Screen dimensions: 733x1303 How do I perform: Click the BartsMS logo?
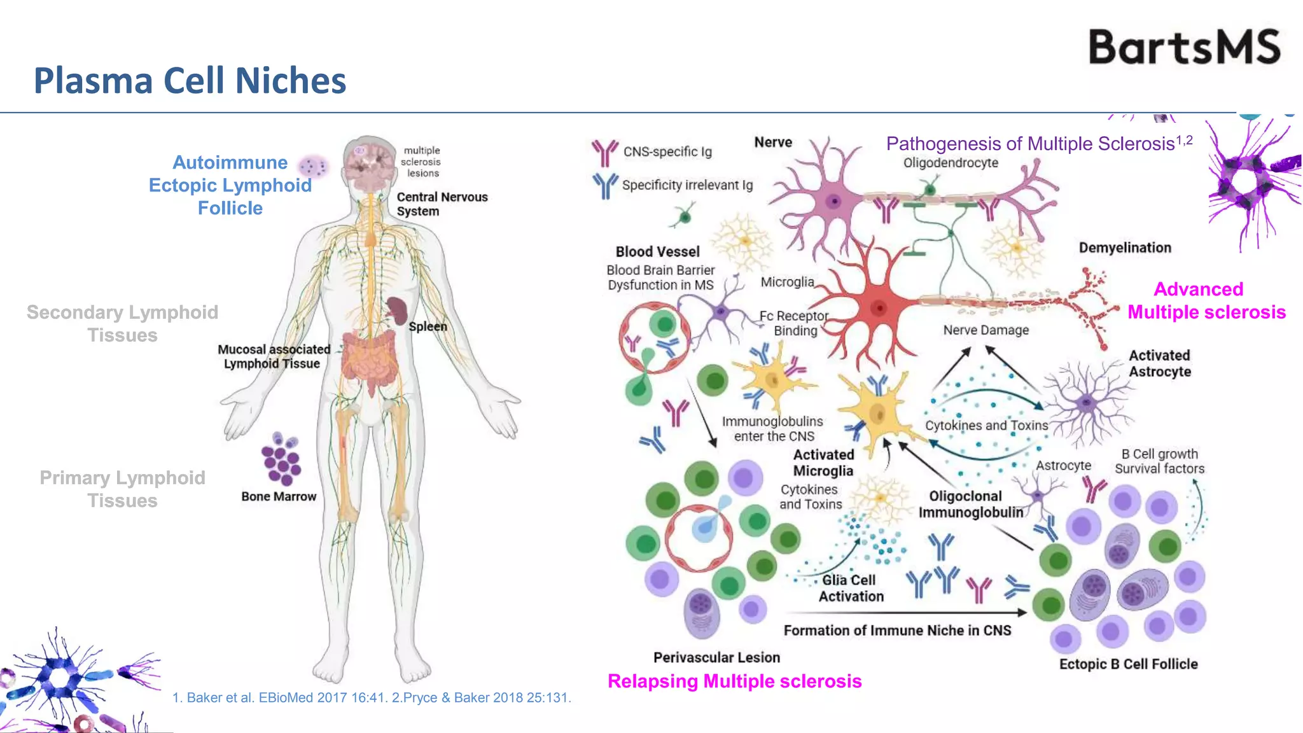[1184, 46]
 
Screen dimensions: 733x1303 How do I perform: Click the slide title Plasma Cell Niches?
[190, 81]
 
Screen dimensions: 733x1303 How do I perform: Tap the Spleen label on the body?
[428, 326]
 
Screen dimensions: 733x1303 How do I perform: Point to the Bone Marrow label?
[279, 496]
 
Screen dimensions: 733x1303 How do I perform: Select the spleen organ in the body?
[398, 311]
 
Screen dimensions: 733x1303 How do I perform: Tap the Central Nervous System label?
[442, 204]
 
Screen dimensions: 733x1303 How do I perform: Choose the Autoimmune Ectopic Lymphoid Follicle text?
[230, 185]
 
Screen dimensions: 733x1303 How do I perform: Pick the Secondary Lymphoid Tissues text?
[122, 323]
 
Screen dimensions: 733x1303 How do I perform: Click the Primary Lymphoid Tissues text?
[122, 489]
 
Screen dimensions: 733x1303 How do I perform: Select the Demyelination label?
[1125, 248]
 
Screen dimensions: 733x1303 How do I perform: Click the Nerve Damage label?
[986, 330]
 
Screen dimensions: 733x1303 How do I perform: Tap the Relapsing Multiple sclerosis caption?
[734, 681]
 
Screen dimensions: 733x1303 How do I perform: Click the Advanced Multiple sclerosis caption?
[1206, 300]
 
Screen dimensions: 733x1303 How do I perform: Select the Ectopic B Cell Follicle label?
[1128, 664]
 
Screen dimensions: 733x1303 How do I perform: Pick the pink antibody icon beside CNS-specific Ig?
[604, 152]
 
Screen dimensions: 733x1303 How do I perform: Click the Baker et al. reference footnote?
[372, 697]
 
